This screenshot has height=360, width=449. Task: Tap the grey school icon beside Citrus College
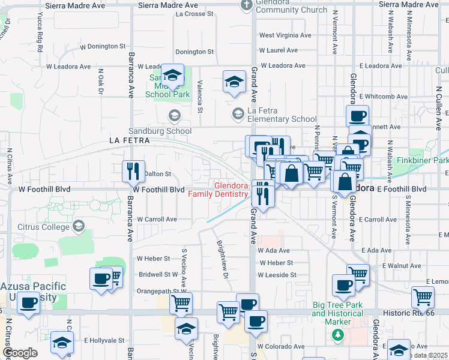(x=78, y=226)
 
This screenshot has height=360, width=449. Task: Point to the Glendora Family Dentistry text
(x=218, y=190)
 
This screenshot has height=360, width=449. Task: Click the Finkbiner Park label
(x=423, y=161)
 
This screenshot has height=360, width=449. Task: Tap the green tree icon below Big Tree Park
(x=337, y=334)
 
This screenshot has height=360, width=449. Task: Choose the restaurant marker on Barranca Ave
(x=133, y=171)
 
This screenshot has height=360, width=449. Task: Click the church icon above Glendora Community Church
(x=246, y=5)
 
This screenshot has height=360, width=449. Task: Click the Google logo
(x=19, y=353)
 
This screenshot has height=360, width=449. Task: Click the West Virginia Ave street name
(x=285, y=35)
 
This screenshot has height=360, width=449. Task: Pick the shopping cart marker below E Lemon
(x=423, y=296)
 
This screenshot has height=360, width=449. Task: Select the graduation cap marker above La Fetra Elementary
(x=234, y=82)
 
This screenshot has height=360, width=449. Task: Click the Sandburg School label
(x=160, y=131)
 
